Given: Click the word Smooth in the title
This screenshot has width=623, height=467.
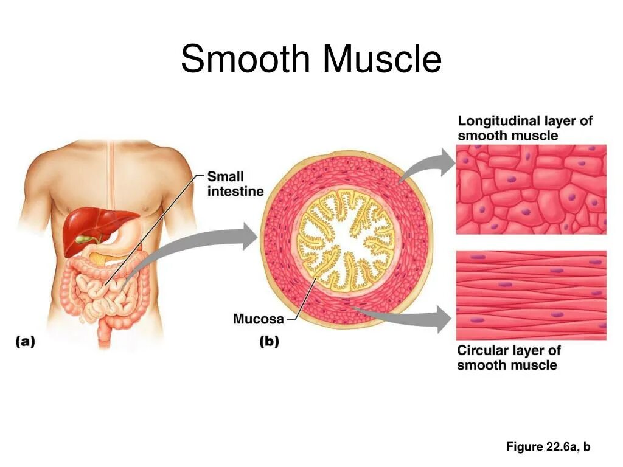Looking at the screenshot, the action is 246,59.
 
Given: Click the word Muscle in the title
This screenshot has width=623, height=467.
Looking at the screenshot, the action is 382,59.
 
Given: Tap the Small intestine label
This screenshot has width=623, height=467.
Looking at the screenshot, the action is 235,184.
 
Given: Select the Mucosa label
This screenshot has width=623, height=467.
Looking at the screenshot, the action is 258,319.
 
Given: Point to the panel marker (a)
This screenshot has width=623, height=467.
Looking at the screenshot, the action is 25,342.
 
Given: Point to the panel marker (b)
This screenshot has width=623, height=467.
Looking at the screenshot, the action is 269,342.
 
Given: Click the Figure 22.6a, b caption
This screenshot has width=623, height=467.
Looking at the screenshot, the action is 548,447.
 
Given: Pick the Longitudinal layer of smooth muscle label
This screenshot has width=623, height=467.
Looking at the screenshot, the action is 524,128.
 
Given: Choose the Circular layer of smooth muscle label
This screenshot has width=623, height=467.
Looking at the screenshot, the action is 509,358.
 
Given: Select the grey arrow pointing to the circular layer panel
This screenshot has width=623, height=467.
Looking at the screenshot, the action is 414,316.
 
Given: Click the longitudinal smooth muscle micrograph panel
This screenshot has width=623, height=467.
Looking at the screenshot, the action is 531,189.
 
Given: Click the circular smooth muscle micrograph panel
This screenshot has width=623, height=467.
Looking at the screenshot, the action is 531,295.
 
